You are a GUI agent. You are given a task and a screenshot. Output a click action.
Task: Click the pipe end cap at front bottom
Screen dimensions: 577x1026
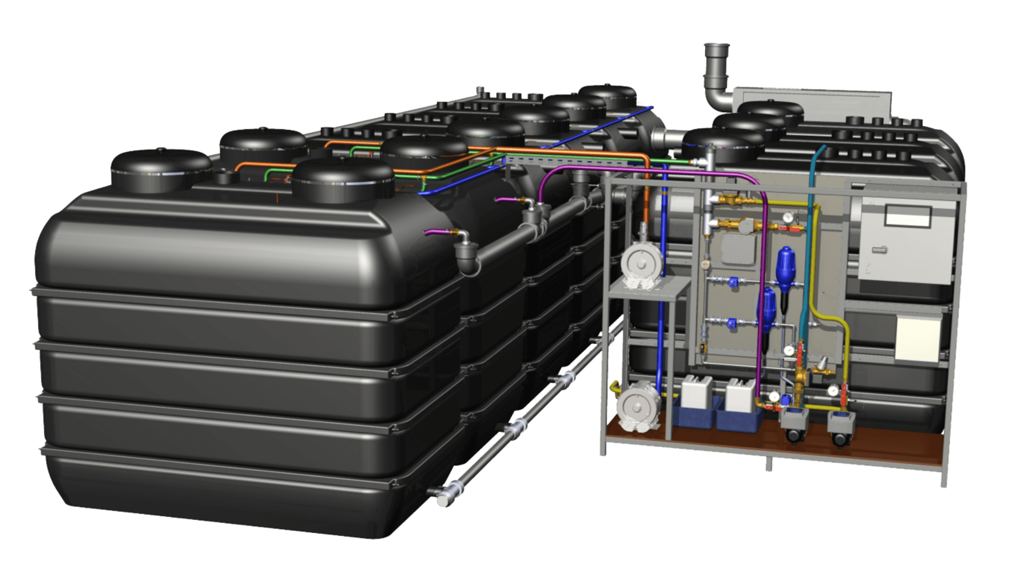click(x=443, y=500)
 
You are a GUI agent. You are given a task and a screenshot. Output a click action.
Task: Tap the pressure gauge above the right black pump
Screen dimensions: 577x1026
click(x=833, y=390)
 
